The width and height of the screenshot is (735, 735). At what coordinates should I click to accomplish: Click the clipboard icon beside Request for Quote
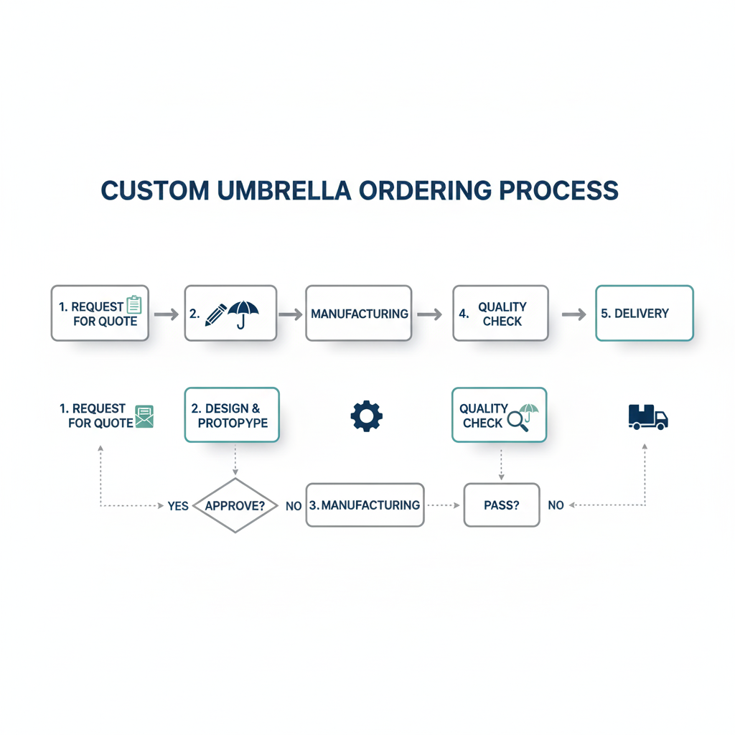coord(134,305)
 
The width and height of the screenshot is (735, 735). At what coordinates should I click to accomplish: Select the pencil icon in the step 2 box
coord(215,314)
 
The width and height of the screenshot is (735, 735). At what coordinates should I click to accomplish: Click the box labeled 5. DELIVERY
coord(645,313)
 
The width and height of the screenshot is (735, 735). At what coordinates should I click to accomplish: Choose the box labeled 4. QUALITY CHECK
coord(500,313)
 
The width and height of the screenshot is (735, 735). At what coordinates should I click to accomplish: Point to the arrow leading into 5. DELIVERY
coord(574,314)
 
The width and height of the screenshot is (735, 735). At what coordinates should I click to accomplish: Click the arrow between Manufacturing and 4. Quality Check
coord(429,314)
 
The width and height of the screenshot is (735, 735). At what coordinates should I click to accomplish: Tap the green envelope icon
coord(144,416)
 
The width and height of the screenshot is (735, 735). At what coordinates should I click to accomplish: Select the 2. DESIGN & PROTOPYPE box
coord(232,415)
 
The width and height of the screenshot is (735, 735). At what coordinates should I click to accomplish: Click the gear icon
coord(366,416)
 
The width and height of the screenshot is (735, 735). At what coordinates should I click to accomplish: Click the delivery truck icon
coord(647,417)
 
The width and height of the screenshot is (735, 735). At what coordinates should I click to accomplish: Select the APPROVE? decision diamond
coord(235,505)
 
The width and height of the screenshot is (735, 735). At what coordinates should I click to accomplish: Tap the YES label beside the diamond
coord(178,506)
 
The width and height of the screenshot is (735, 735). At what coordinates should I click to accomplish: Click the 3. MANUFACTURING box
coord(365,505)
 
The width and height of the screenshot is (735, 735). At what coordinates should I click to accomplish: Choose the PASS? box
coord(502,505)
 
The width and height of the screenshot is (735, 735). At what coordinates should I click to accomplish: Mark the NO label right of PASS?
coord(556,505)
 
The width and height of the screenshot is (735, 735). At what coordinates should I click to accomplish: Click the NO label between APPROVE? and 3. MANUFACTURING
coord(293,506)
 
